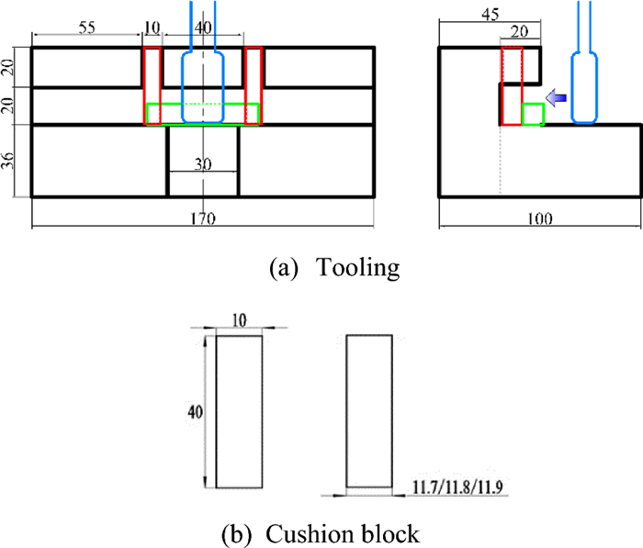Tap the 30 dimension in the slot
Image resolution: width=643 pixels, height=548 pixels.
coord(203,165)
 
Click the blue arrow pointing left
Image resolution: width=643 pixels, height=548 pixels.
coord(555,96)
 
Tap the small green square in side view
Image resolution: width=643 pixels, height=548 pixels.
coord(533,114)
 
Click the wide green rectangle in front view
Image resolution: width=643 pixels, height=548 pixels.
coord(203,114)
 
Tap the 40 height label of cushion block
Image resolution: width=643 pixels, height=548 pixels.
coord(192,412)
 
